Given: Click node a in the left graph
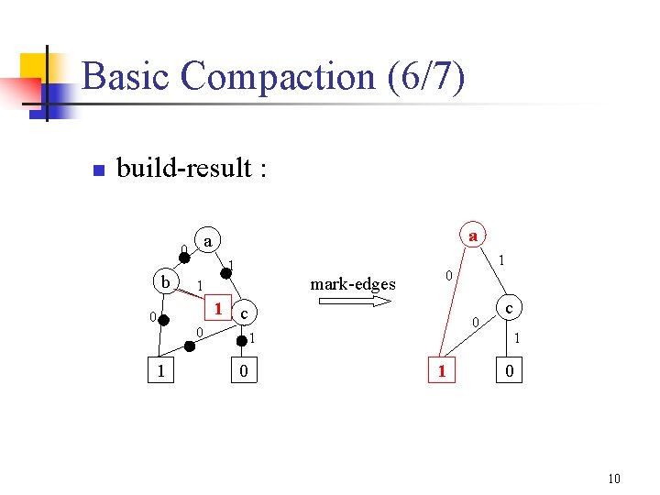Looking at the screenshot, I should tap(209, 242).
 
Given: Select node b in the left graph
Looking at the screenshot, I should tap(165, 281).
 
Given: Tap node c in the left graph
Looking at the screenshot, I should tap(244, 313).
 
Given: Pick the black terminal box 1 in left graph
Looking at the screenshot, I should tap(161, 371).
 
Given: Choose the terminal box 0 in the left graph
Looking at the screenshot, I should tap(242, 371).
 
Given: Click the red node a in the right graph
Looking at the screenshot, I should tap(472, 235).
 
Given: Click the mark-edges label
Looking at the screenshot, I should tap(353, 284).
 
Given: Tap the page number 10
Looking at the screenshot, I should tap(613, 478).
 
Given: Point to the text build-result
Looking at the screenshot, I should tap(191, 169).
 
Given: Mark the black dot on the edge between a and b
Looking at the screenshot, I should tap(184, 258).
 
